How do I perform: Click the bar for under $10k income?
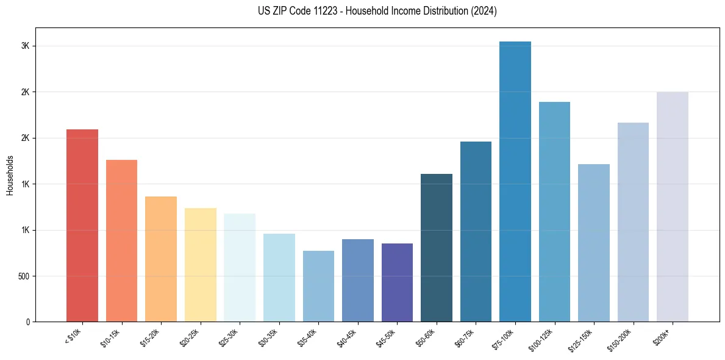[x=82, y=225]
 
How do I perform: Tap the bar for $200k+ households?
[x=672, y=207]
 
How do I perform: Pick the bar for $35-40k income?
[x=318, y=286]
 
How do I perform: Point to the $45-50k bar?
[x=397, y=283]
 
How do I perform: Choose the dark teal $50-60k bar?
[x=437, y=248]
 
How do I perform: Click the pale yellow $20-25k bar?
[x=200, y=265]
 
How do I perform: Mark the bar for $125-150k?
[x=593, y=243]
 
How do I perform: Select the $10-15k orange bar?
[x=121, y=240]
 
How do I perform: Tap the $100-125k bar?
[x=554, y=212]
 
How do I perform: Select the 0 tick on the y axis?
[x=27, y=322]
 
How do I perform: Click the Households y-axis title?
[x=10, y=175]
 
